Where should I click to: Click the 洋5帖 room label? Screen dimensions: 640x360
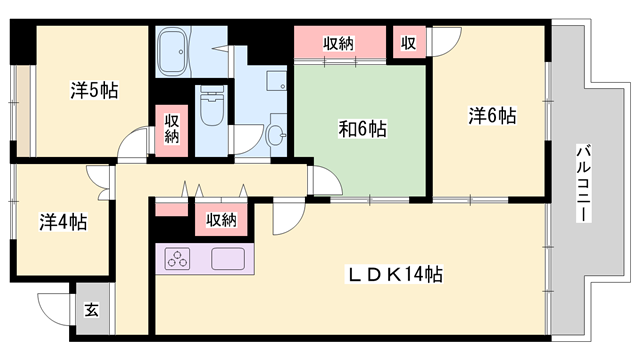(x=95, y=90)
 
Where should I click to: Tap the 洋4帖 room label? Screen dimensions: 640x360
(x=63, y=221)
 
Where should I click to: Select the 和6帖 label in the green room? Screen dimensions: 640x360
(x=362, y=129)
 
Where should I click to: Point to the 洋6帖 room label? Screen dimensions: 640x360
(x=492, y=116)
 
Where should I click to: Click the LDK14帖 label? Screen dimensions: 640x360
(x=394, y=274)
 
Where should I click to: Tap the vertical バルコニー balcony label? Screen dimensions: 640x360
(x=581, y=186)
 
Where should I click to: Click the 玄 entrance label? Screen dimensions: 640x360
(x=90, y=310)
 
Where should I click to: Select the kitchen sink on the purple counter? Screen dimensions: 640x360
(x=228, y=258)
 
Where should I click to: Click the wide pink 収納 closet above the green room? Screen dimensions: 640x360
(x=339, y=43)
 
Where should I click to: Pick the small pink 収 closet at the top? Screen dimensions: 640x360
(x=408, y=43)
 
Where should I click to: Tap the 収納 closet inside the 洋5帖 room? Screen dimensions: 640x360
(x=171, y=128)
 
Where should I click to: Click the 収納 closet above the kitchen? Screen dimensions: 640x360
(x=221, y=219)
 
